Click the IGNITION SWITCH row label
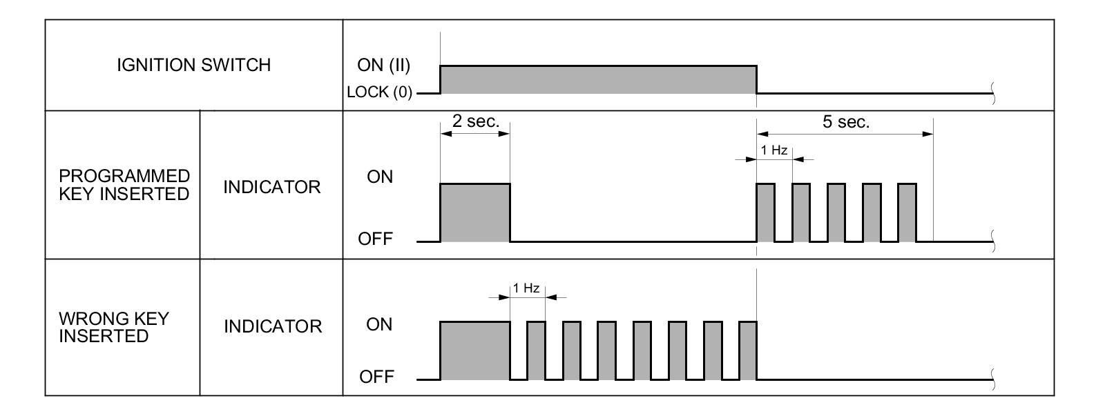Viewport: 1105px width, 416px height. click(x=193, y=65)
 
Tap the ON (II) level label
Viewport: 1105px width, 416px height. click(x=384, y=65)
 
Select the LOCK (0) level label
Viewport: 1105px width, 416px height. click(x=379, y=92)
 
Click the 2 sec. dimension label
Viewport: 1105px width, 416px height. click(x=475, y=121)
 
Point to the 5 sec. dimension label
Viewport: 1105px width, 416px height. click(x=846, y=122)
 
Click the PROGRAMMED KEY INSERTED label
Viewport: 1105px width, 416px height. click(x=124, y=185)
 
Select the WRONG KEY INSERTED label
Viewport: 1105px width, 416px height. click(x=114, y=327)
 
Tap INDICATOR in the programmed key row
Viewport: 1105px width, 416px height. click(x=272, y=187)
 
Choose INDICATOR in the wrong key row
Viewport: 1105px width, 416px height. click(x=273, y=326)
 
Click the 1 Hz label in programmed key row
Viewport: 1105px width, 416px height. click(x=774, y=150)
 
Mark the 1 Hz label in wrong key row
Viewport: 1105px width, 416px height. click(x=526, y=288)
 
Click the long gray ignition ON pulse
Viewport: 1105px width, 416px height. click(x=598, y=79)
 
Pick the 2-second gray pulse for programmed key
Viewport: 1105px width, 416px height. click(x=475, y=212)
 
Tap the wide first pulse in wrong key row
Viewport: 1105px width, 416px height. click(x=475, y=350)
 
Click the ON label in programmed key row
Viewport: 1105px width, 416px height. click(x=380, y=177)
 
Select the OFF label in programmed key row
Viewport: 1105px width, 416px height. click(x=375, y=239)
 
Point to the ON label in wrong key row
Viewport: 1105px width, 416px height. click(x=379, y=324)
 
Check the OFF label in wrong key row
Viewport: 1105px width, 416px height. click(x=376, y=377)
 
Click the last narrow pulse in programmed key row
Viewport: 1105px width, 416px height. click(x=907, y=212)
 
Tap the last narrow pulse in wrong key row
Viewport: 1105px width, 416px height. click(x=748, y=350)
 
